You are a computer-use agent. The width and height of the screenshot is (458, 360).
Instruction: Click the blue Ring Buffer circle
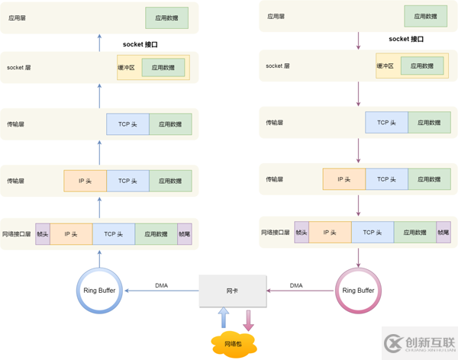pyautogui.click(x=99, y=290)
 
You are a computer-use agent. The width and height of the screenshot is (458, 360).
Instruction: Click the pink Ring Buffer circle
pyautogui.click(x=358, y=290)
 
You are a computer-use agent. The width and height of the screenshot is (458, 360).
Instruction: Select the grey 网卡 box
pyautogui.click(x=232, y=291)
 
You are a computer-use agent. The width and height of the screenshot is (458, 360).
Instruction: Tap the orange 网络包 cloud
pyautogui.click(x=233, y=343)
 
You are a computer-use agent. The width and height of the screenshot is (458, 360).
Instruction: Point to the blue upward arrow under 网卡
pyautogui.click(x=223, y=319)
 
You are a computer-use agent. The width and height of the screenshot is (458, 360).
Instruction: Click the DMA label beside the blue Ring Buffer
pyautogui.click(x=162, y=285)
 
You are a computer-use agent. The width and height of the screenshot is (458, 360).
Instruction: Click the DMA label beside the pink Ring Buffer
pyautogui.click(x=296, y=285)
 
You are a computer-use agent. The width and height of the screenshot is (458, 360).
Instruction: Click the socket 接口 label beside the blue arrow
pyautogui.click(x=140, y=44)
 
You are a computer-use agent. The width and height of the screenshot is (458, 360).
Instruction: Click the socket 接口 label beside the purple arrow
pyautogui.click(x=406, y=39)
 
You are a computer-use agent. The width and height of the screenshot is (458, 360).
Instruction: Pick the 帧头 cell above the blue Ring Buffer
pyautogui.click(x=43, y=234)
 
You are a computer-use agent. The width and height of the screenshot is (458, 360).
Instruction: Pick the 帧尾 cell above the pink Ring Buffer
pyautogui.click(x=443, y=233)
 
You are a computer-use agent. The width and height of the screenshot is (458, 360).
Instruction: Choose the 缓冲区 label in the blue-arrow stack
pyautogui.click(x=126, y=68)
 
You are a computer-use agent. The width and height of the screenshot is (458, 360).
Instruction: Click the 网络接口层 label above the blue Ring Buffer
pyautogui.click(x=17, y=234)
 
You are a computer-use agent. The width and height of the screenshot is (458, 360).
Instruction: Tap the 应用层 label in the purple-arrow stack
pyautogui.click(x=276, y=16)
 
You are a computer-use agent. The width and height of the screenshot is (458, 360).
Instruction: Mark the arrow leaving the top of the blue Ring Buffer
pyautogui.click(x=99, y=258)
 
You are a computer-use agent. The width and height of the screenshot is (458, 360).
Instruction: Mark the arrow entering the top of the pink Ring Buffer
pyautogui.click(x=358, y=257)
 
